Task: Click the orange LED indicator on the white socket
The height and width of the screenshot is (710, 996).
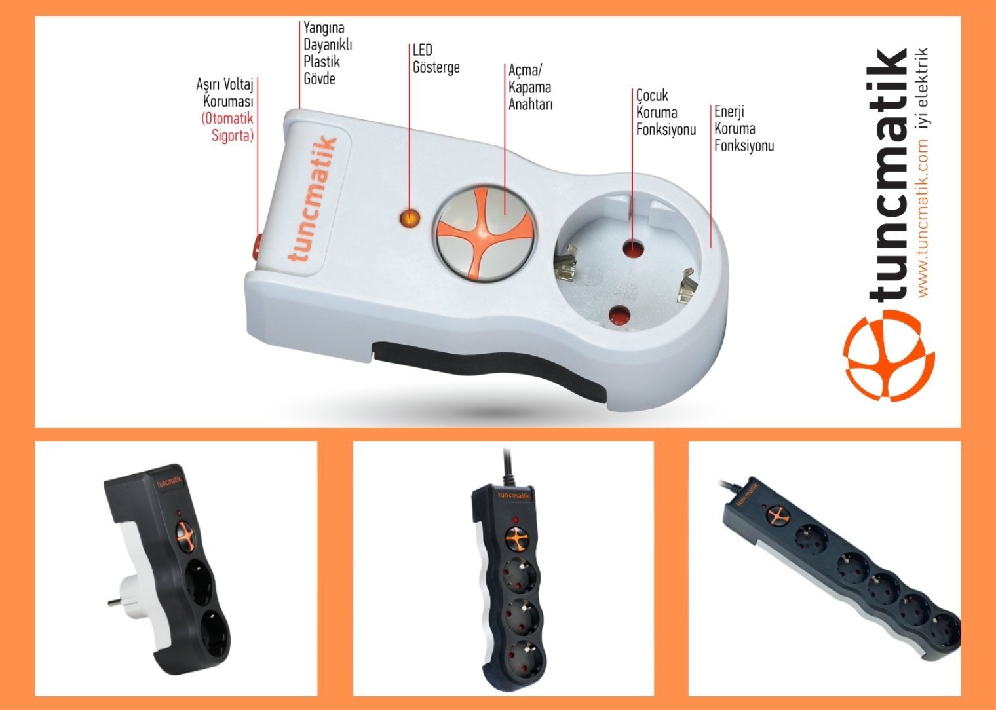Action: click(x=410, y=218)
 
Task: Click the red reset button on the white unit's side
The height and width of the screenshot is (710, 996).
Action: click(x=257, y=247)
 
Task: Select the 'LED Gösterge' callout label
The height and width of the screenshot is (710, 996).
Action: click(x=436, y=59)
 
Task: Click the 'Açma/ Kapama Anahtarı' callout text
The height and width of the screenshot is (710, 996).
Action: click(x=531, y=87)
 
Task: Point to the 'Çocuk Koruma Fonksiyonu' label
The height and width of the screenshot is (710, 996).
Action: click(x=666, y=113)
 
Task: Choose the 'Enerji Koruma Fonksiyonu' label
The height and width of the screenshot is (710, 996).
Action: click(x=744, y=129)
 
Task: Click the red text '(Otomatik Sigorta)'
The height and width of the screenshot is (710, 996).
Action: click(x=227, y=127)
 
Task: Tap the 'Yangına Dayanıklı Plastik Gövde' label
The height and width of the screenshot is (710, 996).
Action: click(x=328, y=53)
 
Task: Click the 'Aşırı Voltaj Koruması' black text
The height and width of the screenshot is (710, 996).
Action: click(x=225, y=93)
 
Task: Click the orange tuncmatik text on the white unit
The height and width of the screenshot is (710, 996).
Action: click(x=312, y=198)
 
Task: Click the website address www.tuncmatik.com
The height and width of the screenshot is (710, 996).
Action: click(x=923, y=218)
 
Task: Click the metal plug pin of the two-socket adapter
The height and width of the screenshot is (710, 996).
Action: click(x=115, y=603)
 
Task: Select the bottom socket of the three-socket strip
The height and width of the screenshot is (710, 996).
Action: click(x=524, y=657)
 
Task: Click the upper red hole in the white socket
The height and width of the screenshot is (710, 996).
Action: click(x=633, y=249)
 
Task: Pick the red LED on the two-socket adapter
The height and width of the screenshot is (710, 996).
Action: click(x=179, y=513)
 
